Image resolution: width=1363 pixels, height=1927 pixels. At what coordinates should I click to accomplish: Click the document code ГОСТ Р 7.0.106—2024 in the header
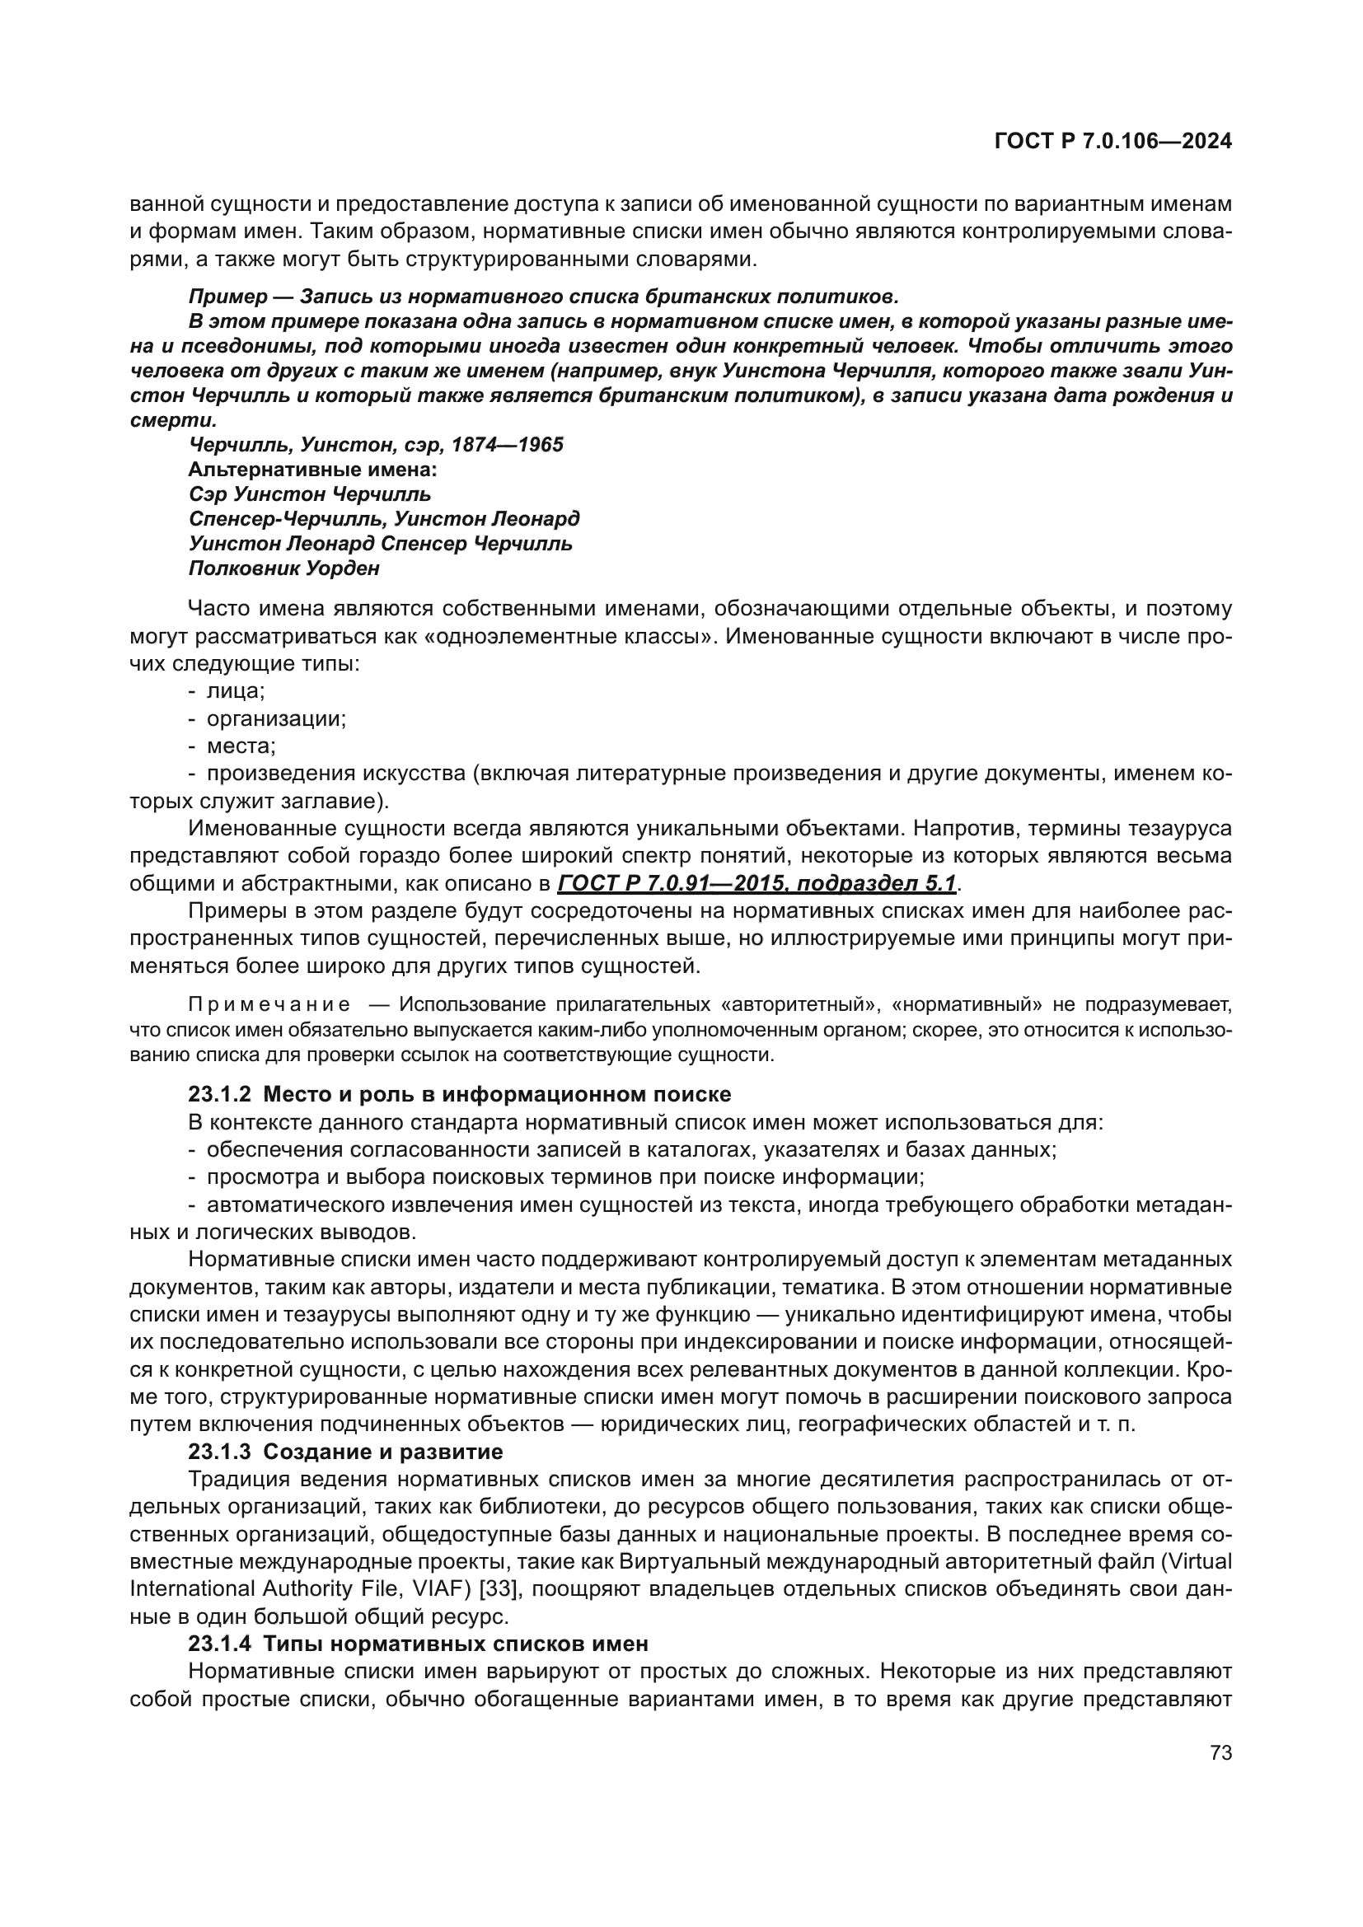tap(1112, 141)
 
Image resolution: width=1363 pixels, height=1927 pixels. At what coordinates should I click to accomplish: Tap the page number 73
tap(1221, 1752)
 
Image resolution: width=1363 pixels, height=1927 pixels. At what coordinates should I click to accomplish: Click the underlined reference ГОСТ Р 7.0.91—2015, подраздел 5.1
tap(756, 884)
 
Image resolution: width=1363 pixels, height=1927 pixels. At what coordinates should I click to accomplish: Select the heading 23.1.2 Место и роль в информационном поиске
tap(459, 1094)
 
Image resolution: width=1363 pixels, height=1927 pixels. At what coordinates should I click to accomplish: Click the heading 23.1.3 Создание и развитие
tap(345, 1452)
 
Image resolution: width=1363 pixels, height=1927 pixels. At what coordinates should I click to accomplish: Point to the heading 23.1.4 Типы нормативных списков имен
tap(418, 1644)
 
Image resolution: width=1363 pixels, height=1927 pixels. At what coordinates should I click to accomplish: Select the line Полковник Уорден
tap(283, 568)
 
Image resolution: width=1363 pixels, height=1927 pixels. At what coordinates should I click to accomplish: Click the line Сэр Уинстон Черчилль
tap(310, 493)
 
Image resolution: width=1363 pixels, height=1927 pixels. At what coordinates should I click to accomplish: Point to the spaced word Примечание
tap(269, 1004)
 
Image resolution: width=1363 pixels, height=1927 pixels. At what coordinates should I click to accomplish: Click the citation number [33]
tap(502, 1588)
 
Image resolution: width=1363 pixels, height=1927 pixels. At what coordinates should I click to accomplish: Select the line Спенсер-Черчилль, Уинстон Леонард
tap(383, 519)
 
